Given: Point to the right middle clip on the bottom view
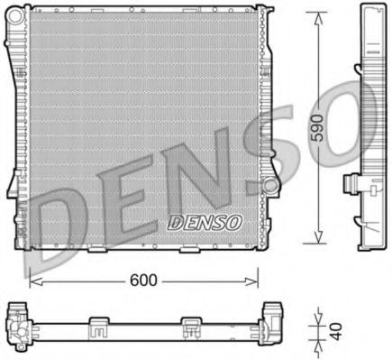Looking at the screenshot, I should point(192,324).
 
